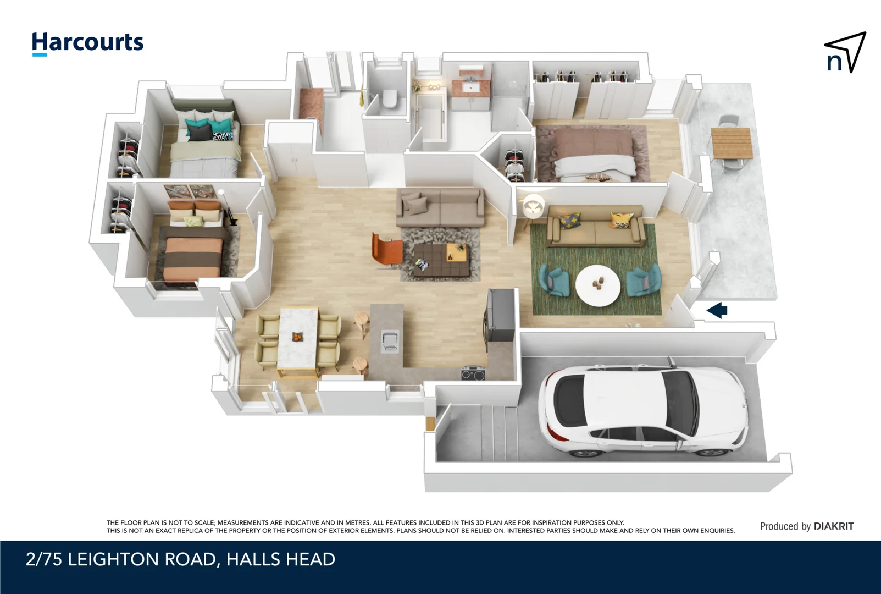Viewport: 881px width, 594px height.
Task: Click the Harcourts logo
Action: pos(87,43)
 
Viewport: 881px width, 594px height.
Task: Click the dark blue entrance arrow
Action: pos(717,310)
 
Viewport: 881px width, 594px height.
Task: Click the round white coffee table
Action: pos(597,285)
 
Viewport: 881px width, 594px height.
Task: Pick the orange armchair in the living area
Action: pos(386,250)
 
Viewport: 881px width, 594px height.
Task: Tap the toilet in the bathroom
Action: pos(390,99)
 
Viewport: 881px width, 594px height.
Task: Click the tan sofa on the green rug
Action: pos(596,227)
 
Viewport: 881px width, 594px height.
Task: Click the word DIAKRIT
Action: pos(833,526)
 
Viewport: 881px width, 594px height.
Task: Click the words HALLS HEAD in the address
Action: pos(280,559)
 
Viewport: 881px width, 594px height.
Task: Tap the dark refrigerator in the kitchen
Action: pos(500,316)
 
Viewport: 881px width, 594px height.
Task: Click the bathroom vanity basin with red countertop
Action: pos(470,86)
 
